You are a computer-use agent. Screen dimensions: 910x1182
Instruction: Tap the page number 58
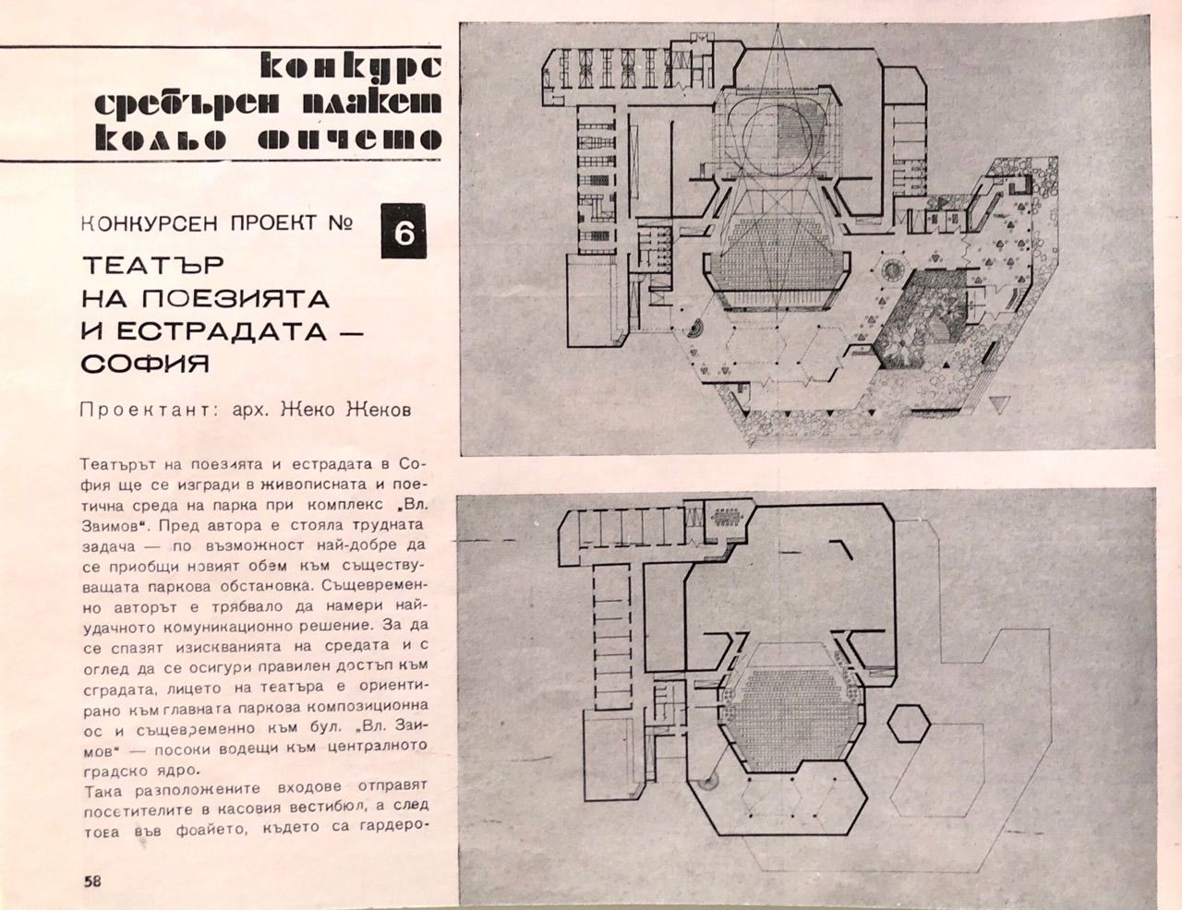click(91, 880)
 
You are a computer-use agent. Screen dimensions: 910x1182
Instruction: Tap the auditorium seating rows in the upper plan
click(778, 268)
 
